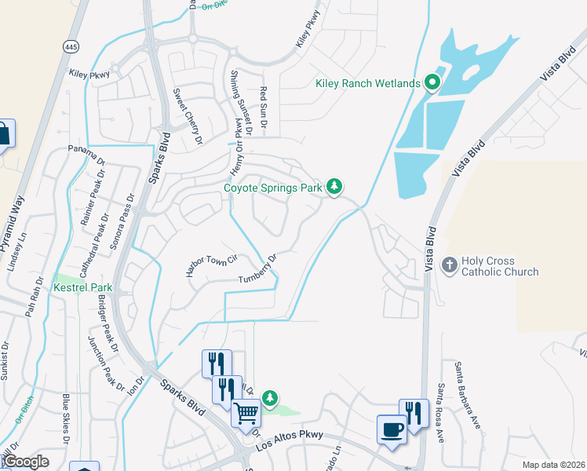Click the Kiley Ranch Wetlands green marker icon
pyautogui.click(x=431, y=82)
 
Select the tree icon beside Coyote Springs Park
pyautogui.click(x=335, y=186)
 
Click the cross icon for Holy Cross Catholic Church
pyautogui.click(x=450, y=265)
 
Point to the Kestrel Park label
pyautogui.click(x=82, y=288)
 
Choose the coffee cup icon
pyautogui.click(x=392, y=429)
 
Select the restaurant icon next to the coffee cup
pyautogui.click(x=414, y=413)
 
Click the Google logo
pyautogui.click(x=25, y=462)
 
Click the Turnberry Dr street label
pyautogui.click(x=258, y=269)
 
